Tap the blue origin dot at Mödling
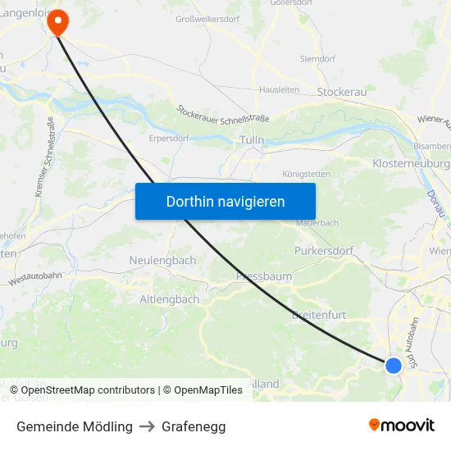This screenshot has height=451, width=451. pyautogui.click(x=394, y=365)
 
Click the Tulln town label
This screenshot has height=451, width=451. pyautogui.click(x=252, y=140)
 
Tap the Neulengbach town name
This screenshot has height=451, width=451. pyautogui.click(x=162, y=260)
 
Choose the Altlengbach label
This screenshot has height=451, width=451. pyautogui.click(x=170, y=299)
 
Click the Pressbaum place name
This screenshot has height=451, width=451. pyautogui.click(x=264, y=276)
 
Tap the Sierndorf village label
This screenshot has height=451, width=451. pyautogui.click(x=317, y=59)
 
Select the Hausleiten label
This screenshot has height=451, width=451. pyautogui.click(x=280, y=89)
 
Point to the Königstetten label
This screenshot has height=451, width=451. pyautogui.click(x=307, y=174)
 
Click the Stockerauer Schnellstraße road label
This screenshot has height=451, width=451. pyautogui.click(x=223, y=113)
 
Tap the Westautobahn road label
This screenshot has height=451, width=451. pyautogui.click(x=35, y=278)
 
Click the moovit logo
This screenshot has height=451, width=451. pyautogui.click(x=402, y=425)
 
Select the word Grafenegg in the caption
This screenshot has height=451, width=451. pyautogui.click(x=194, y=426)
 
